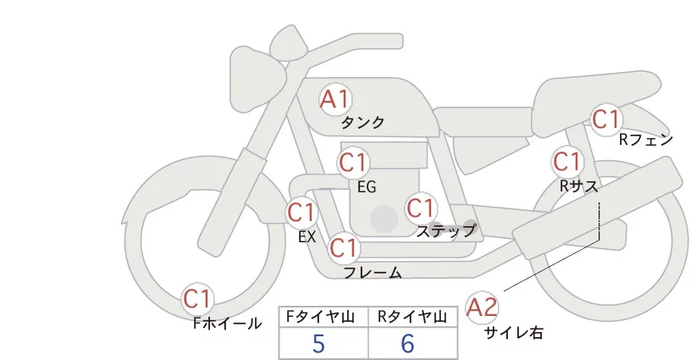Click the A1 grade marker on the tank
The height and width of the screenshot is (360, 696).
(335, 99)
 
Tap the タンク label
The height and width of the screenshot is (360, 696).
(362, 123)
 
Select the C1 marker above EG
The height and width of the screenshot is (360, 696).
(353, 162)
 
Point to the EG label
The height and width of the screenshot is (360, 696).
(366, 186)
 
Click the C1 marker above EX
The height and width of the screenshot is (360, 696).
(301, 212)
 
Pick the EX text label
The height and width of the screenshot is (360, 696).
(307, 237)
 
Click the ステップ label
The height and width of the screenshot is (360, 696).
(445, 230)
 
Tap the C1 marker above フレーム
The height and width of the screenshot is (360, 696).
(344, 249)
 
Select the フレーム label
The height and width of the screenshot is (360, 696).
(373, 273)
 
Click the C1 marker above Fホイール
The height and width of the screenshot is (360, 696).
(198, 299)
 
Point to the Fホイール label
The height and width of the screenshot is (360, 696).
(227, 323)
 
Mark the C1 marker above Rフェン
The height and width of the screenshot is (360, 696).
(606, 120)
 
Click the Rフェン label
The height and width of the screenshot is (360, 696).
(645, 140)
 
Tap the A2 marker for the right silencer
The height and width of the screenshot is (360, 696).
(483, 307)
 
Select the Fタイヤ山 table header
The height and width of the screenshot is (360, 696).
(324, 316)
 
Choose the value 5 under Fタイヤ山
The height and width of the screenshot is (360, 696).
(318, 344)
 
